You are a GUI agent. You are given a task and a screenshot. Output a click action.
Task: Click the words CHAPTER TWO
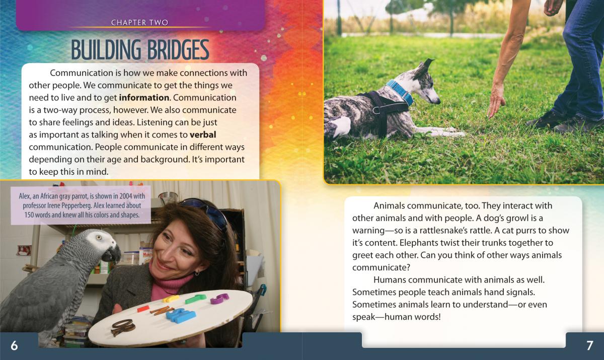click(x=140, y=22)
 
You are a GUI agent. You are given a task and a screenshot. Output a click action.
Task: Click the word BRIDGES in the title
click(x=178, y=50)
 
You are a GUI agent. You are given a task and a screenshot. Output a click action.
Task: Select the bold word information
click(x=144, y=98)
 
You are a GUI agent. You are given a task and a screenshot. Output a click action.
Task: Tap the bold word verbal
click(x=203, y=134)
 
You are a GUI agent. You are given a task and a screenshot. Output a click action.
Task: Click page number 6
click(x=14, y=345)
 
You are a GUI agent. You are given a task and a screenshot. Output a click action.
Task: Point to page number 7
click(x=590, y=345)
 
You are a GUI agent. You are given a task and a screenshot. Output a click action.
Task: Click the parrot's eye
click(x=99, y=238)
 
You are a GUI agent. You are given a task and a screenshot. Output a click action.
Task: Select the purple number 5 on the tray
click(x=219, y=298)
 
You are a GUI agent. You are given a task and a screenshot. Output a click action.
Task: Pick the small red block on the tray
click(x=143, y=309)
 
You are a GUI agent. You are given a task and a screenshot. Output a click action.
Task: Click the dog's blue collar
click(x=400, y=92)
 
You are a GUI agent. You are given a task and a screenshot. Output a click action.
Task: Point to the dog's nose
click(x=438, y=102)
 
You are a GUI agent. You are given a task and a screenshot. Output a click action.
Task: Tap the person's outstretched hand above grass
click(x=496, y=101)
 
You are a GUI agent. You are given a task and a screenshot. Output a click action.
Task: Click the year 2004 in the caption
click(x=126, y=196)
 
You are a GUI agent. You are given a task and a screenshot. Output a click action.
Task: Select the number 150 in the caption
click(x=29, y=215)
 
